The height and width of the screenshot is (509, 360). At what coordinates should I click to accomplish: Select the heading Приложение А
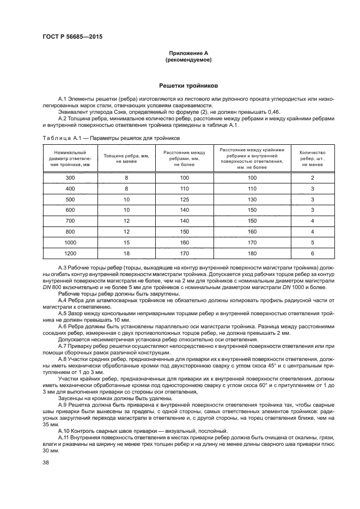tap(188, 53)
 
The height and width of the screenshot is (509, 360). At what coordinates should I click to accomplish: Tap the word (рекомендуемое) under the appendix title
tap(188, 60)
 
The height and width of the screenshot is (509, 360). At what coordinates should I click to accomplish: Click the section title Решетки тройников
tap(188, 85)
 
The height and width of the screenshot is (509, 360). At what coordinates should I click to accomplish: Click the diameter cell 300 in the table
tap(70, 178)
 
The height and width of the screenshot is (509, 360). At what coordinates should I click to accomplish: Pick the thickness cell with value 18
tap(126, 254)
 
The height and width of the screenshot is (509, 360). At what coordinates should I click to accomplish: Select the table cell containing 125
tap(184, 200)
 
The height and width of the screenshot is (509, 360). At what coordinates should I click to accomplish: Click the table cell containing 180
tap(252, 254)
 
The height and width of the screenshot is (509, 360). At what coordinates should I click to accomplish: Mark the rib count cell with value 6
tap(312, 254)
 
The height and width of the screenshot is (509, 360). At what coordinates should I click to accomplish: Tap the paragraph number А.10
tap(63, 430)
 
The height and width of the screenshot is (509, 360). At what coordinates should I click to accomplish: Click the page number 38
tap(46, 463)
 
